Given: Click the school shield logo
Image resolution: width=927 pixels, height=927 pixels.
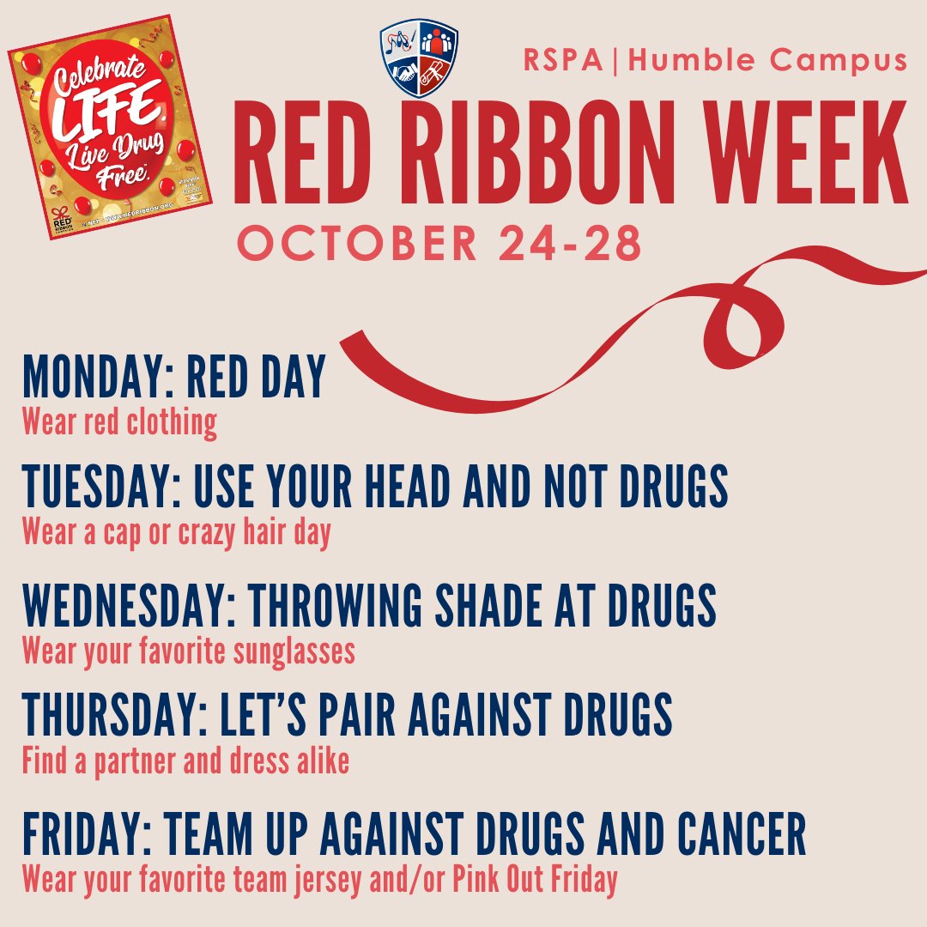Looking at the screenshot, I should tap(419, 59).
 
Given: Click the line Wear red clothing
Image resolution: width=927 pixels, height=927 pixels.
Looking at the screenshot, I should tap(119, 423).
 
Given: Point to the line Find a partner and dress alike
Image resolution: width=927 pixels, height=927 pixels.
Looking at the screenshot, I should tap(185, 761).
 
